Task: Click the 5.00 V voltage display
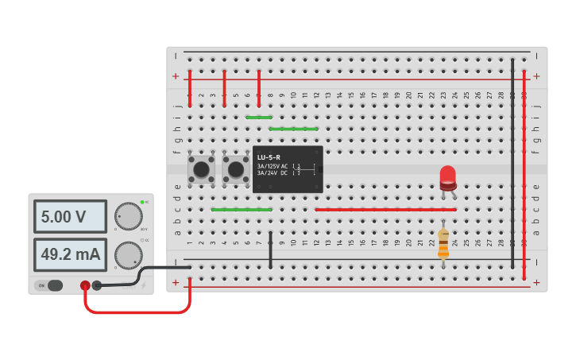coord(69,216)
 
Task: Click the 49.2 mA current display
coord(69,254)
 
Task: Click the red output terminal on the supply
coord(85,285)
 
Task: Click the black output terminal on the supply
coord(97,285)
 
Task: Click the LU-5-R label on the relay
coord(269,157)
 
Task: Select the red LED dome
coord(448,176)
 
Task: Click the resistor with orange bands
coord(443,243)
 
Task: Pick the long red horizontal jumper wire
coord(385,210)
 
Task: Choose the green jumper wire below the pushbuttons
coord(242,210)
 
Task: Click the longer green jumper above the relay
coord(293,129)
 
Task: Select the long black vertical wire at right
coord(512,159)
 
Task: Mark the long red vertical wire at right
coord(524,175)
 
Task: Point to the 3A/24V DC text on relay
coord(273,172)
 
